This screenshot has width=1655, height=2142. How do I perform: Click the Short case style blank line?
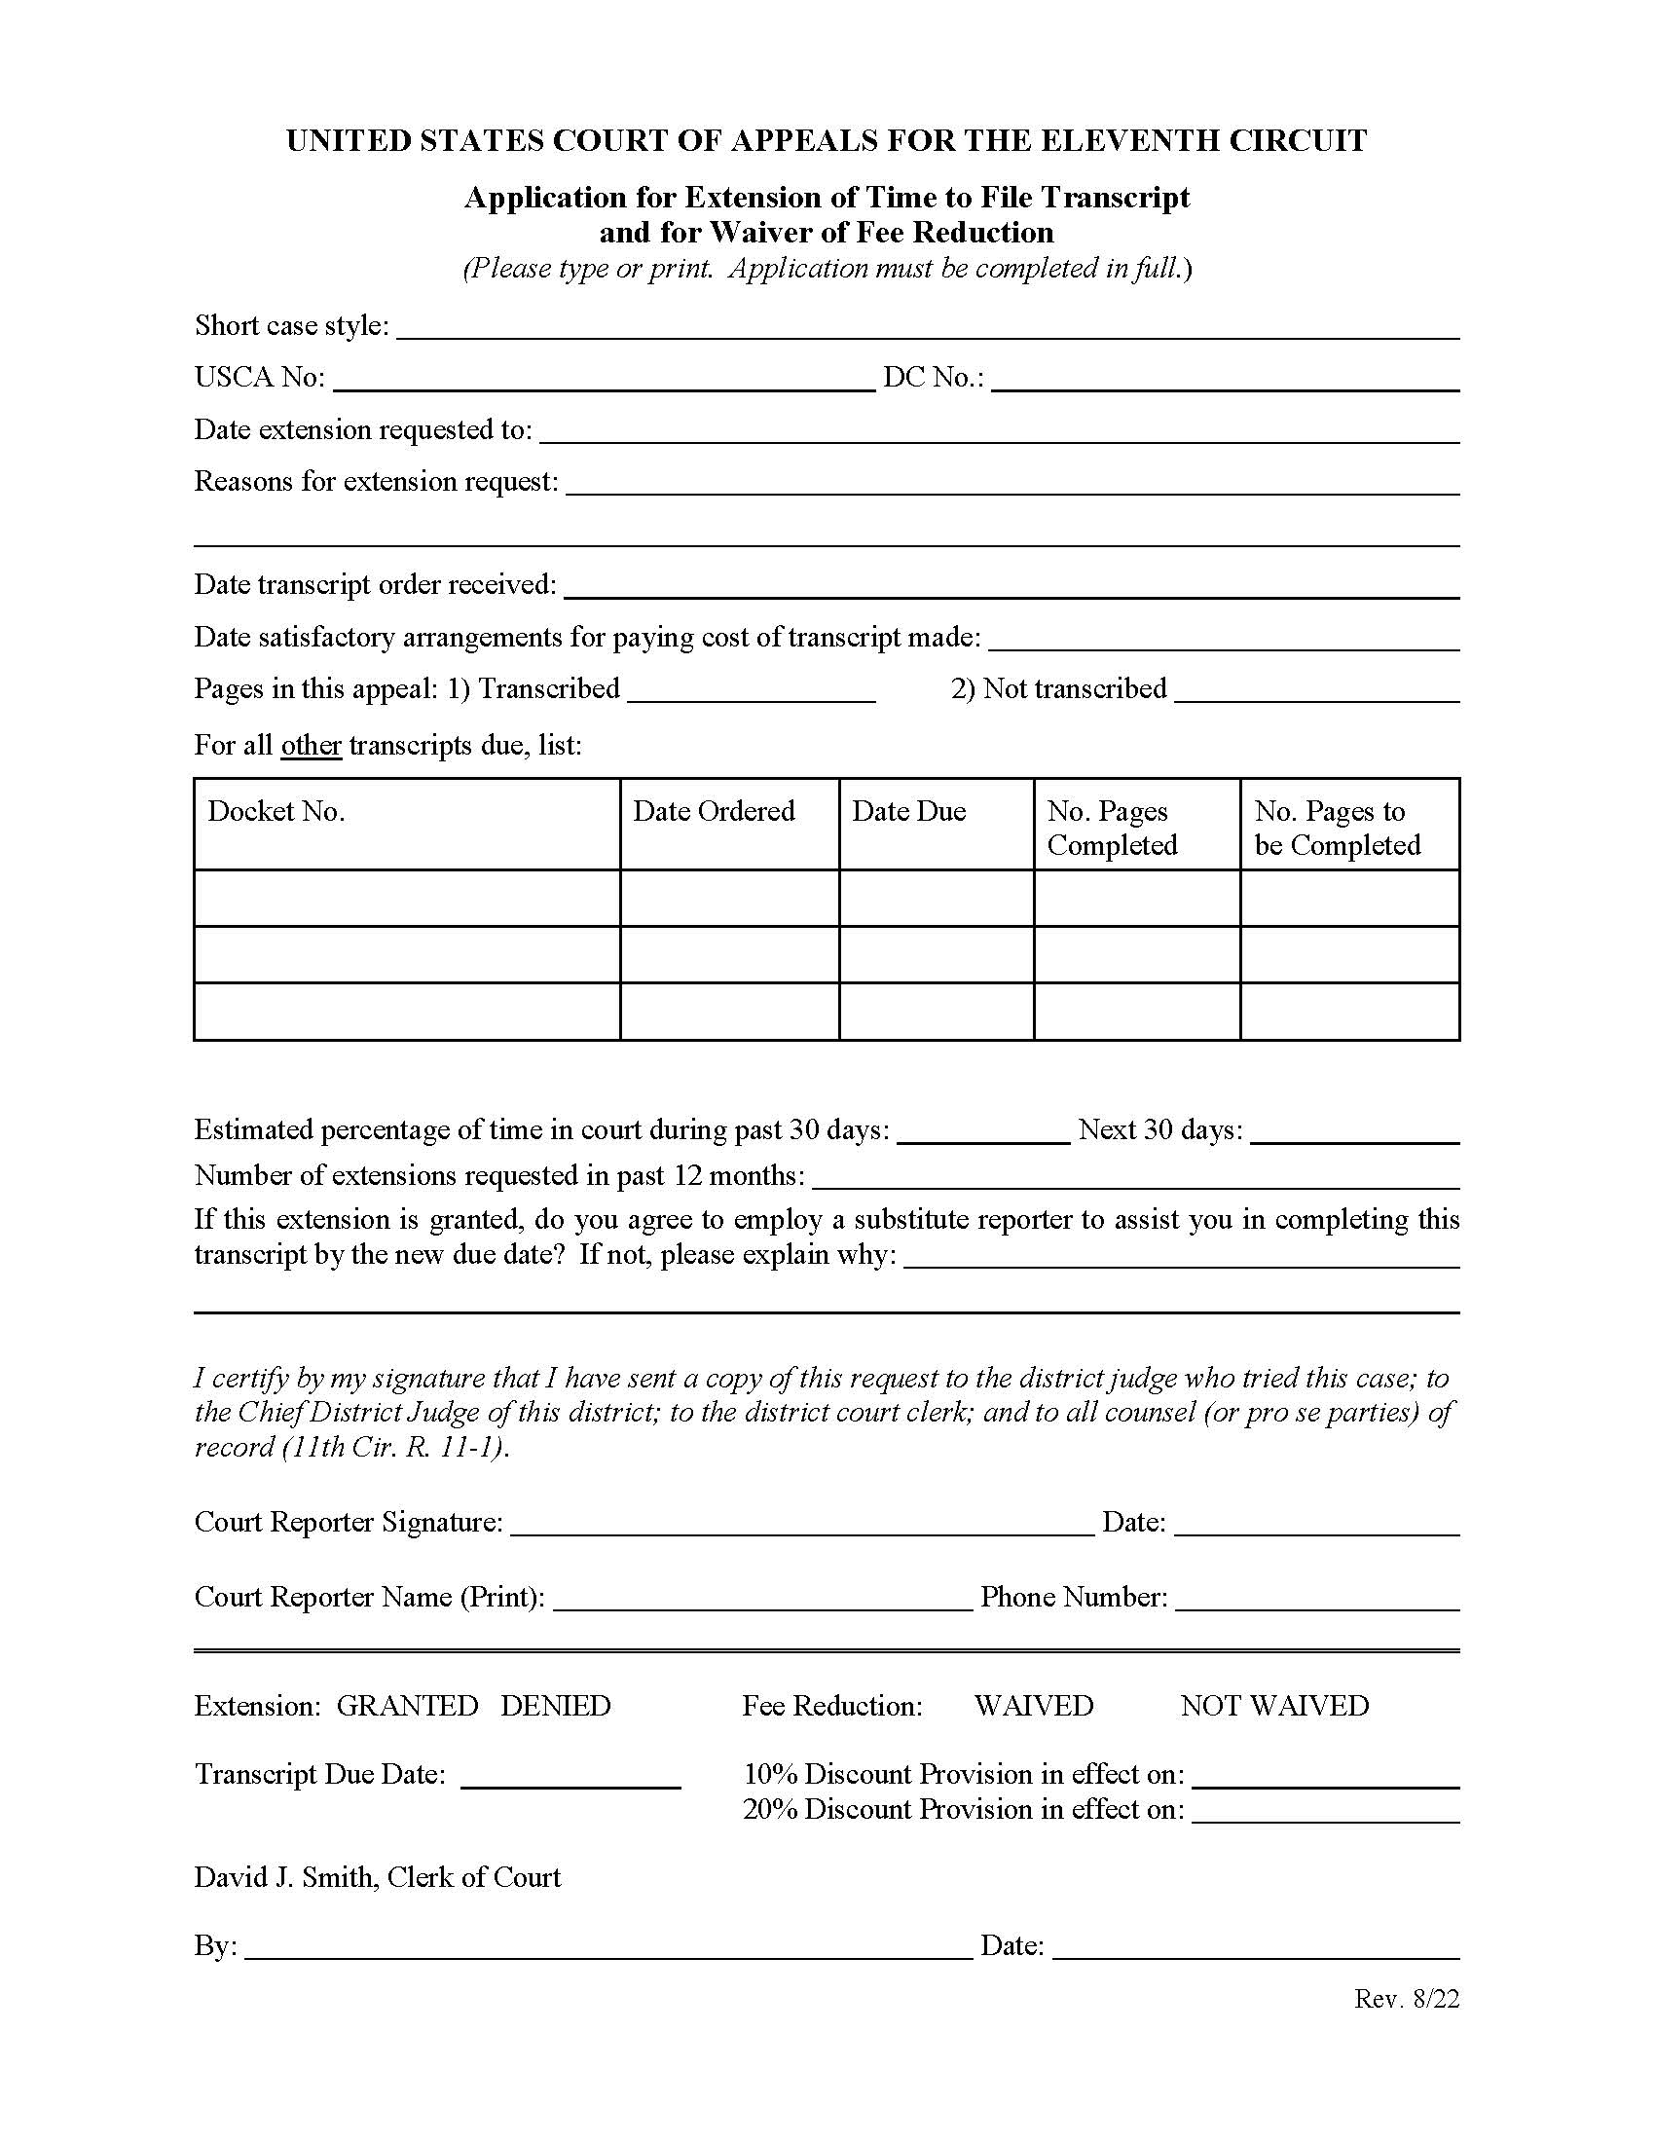[927, 328]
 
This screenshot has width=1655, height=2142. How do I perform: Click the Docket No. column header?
[276, 811]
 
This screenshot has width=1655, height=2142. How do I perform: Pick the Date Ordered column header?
[713, 811]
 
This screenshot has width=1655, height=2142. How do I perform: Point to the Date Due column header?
[908, 811]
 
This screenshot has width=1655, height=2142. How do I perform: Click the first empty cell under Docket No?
[407, 898]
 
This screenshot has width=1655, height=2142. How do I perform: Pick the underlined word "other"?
[311, 746]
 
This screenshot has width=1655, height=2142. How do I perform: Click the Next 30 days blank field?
[1355, 1133]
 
